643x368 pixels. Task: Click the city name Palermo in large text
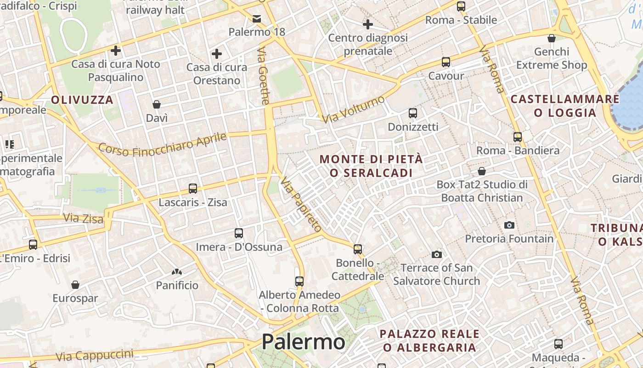point(303,342)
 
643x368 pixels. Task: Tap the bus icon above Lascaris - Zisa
point(193,189)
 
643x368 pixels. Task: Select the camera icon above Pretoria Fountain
point(509,225)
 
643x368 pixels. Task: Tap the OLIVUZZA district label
point(82,100)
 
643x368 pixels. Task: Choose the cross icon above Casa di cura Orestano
point(217,54)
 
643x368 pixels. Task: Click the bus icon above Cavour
point(446,62)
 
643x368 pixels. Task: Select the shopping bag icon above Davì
point(157,104)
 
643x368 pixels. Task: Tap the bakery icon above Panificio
point(177,272)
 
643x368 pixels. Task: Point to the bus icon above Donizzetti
point(413,113)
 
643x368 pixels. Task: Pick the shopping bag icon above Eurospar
point(75,285)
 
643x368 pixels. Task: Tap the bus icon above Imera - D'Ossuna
point(239,233)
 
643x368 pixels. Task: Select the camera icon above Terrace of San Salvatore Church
point(436,254)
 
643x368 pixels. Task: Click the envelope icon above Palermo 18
point(257,18)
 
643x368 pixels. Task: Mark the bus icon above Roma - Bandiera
point(518,137)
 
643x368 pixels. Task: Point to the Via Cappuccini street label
point(95,355)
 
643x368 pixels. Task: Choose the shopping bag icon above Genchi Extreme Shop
point(552,38)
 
